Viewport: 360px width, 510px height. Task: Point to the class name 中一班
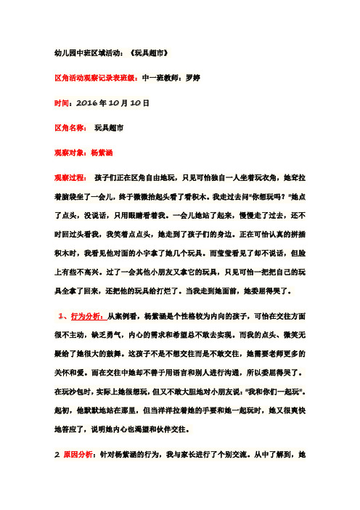[x=144, y=78]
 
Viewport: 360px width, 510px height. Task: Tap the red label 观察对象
[x=71, y=154]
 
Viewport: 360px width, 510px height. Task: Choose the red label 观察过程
[x=71, y=179]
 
